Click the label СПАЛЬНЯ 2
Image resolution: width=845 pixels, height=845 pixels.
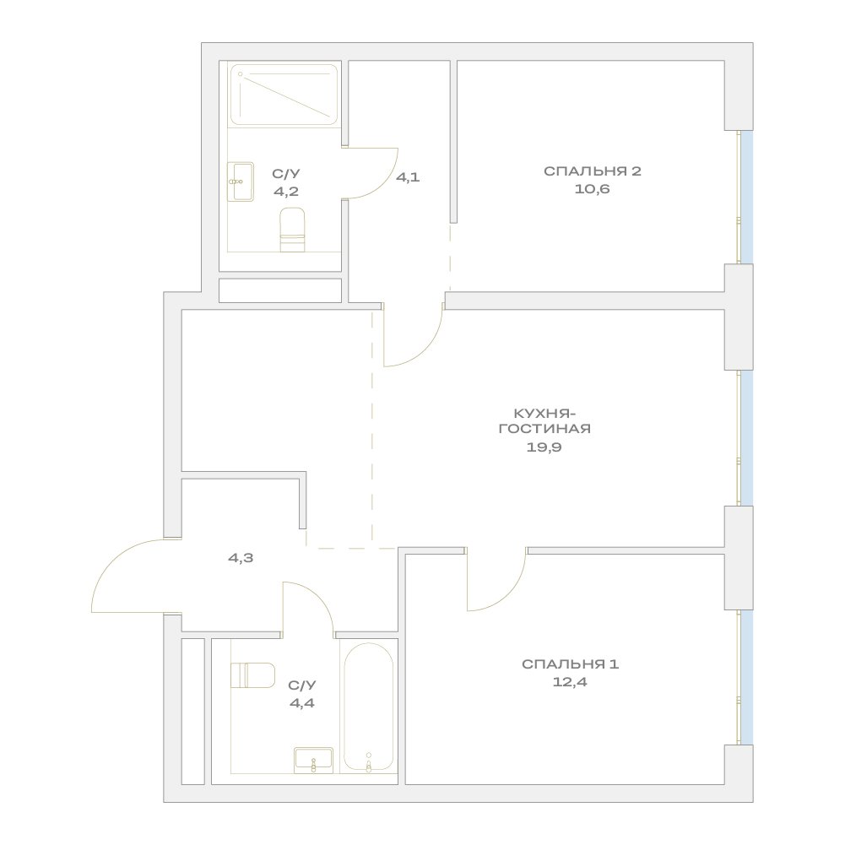pyautogui.click(x=593, y=171)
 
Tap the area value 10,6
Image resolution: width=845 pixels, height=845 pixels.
pyautogui.click(x=592, y=189)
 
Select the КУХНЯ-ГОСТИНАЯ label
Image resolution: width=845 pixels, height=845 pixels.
pyautogui.click(x=544, y=421)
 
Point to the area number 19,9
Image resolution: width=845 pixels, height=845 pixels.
pyautogui.click(x=544, y=447)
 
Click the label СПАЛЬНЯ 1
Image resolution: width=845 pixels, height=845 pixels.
pyautogui.click(x=570, y=664)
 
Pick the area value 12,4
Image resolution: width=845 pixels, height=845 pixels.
pyautogui.click(x=570, y=682)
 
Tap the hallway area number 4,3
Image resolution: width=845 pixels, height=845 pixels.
pyautogui.click(x=241, y=558)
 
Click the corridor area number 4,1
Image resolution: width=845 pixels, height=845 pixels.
pyautogui.click(x=408, y=176)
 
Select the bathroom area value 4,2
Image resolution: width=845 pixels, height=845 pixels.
pyautogui.click(x=285, y=192)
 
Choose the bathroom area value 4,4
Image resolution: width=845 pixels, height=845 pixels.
pyautogui.click(x=302, y=703)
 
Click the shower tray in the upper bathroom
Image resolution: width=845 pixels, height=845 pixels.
pyautogui.click(x=284, y=95)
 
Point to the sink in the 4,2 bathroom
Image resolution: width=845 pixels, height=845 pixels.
pyautogui.click(x=241, y=181)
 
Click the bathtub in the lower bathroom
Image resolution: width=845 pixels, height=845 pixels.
pyautogui.click(x=369, y=707)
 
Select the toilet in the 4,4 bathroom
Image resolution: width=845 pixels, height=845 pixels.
pyautogui.click(x=252, y=675)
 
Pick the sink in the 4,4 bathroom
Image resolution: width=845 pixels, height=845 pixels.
pyautogui.click(x=313, y=761)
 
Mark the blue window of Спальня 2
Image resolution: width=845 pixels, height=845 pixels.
pyautogui.click(x=746, y=198)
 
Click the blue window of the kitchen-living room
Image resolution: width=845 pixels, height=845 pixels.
pyautogui.click(x=746, y=437)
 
